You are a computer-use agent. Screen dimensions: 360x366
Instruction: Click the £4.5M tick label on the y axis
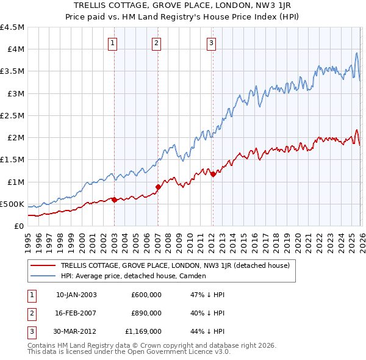pyautogui.click(x=12, y=27)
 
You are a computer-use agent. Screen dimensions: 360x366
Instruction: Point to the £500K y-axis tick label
pyautogui.click(x=12, y=204)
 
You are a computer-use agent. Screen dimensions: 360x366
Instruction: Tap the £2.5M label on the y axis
pyautogui.click(x=12, y=115)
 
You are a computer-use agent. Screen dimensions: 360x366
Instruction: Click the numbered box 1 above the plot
pyautogui.click(x=114, y=43)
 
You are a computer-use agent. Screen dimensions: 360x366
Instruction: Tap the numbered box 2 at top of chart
pyautogui.click(x=157, y=43)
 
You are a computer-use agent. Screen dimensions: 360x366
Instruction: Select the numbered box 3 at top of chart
pyautogui.click(x=211, y=43)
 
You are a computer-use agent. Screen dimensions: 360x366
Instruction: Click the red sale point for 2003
pyautogui.click(x=114, y=200)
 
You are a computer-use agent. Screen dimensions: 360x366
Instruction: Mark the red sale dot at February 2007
pyautogui.click(x=158, y=187)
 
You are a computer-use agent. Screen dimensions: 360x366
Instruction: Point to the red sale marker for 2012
pyautogui.click(x=213, y=175)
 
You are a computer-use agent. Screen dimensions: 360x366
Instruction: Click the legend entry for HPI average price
pyautogui.click(x=134, y=276)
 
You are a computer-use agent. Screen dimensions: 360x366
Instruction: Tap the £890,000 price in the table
pyautogui.click(x=146, y=313)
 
